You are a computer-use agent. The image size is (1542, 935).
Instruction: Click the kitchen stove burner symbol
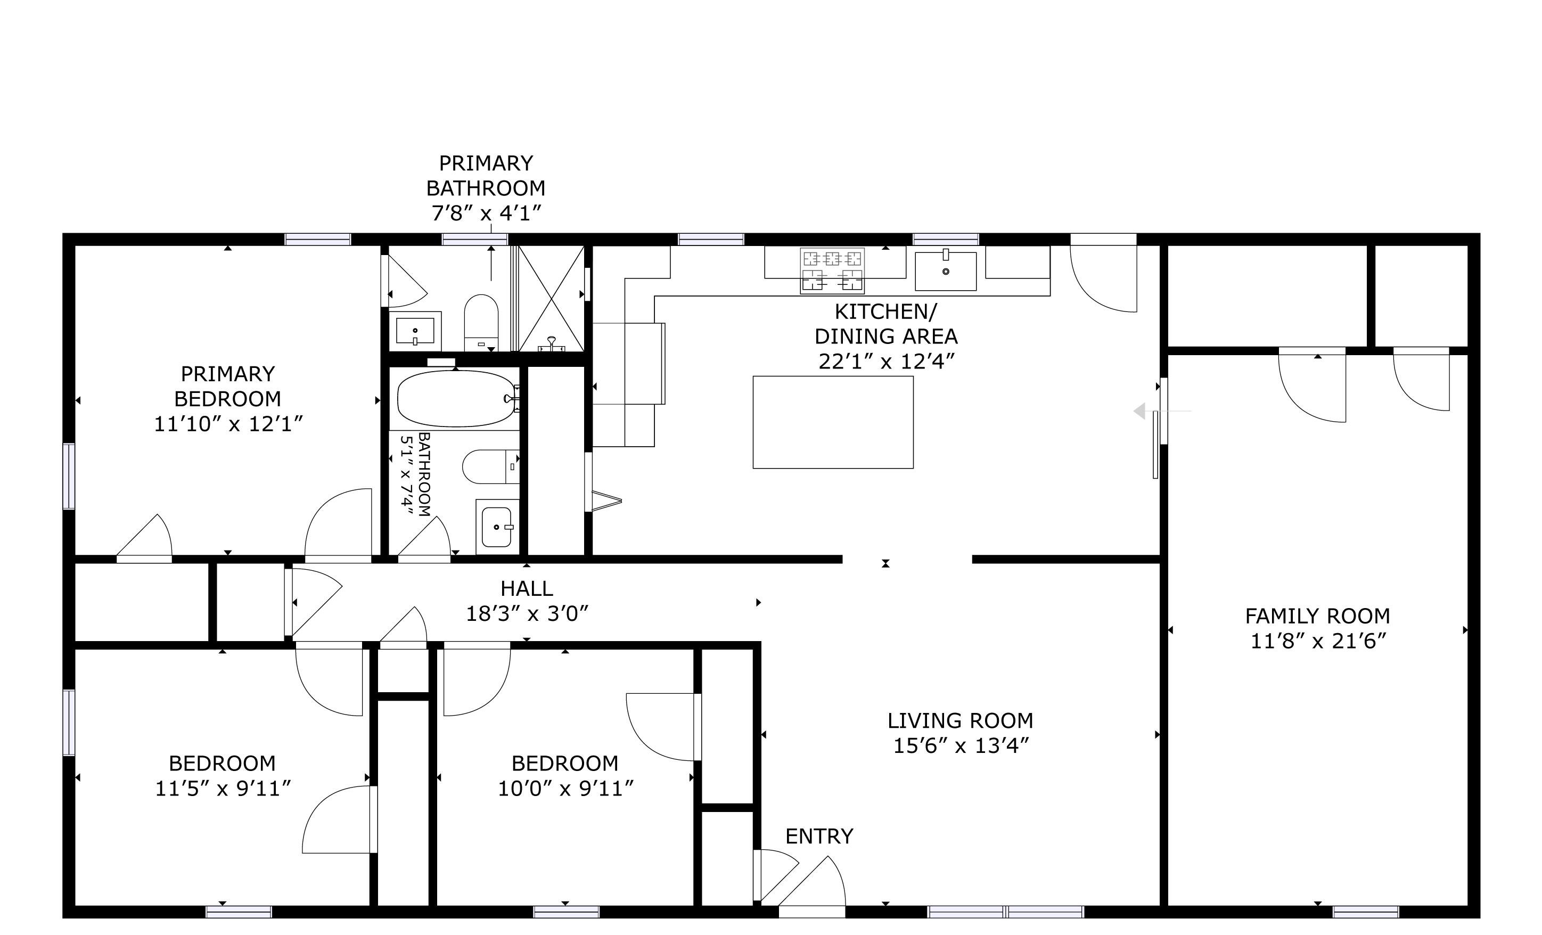click(832, 270)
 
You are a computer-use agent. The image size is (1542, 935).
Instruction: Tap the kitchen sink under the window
click(945, 271)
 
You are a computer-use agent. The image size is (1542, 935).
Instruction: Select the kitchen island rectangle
click(832, 422)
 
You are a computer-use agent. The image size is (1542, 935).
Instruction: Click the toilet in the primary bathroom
click(481, 321)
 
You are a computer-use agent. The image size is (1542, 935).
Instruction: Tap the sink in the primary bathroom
click(415, 331)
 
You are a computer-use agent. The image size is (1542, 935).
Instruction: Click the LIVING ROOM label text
click(959, 720)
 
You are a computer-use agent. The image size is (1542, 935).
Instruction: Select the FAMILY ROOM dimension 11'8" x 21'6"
click(1318, 642)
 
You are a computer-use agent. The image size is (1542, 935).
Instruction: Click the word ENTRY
click(818, 836)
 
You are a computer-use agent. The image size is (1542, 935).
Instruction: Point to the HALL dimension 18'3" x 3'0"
click(527, 614)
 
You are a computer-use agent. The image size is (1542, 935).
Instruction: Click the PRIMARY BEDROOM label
click(228, 386)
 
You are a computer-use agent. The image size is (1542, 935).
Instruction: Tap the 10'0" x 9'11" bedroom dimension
click(565, 789)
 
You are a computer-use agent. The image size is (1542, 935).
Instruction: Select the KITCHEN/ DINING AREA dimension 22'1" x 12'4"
click(885, 362)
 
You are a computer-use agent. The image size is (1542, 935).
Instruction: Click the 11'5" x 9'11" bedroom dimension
click(223, 789)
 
